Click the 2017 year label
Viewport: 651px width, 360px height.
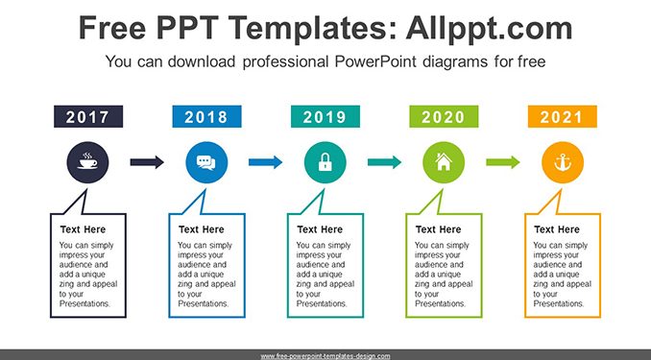click(88, 116)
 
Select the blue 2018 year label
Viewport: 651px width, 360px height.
click(206, 116)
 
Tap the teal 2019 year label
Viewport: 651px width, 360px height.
click(325, 116)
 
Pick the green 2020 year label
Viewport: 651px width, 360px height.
click(444, 116)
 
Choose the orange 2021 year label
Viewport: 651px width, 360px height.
click(563, 116)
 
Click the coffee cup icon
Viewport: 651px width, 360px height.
click(87, 162)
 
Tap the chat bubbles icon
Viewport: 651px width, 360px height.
click(206, 162)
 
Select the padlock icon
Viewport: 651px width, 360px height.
click(325, 162)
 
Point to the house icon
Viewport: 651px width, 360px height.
click(444, 161)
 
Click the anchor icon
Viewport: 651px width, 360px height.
click(563, 162)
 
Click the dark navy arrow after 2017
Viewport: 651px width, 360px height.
click(147, 162)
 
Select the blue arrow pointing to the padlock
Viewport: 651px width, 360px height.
click(266, 162)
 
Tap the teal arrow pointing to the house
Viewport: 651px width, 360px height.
click(384, 162)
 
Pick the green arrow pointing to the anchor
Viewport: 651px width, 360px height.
click(503, 162)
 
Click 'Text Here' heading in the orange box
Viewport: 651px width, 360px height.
click(556, 229)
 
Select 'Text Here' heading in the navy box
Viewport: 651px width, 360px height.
click(83, 229)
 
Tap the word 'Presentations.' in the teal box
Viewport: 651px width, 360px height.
click(322, 303)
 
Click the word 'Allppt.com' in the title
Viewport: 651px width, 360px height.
click(489, 28)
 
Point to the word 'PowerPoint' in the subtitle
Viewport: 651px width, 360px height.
click(375, 61)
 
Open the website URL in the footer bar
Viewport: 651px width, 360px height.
click(325, 356)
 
